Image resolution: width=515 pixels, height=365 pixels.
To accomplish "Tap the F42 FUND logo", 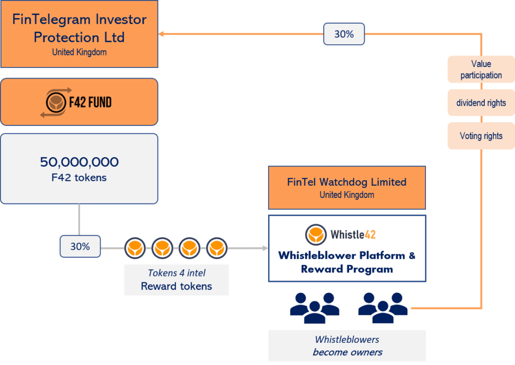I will tap(76, 102).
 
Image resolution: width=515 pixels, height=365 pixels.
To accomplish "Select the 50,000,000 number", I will tap(79, 162).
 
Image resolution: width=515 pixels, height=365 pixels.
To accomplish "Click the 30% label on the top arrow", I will tap(344, 34).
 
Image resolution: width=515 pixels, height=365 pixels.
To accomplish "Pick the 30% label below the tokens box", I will tap(79, 247).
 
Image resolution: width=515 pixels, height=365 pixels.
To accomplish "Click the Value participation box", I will tap(481, 69).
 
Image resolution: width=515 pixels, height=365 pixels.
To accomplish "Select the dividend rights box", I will tap(481, 103).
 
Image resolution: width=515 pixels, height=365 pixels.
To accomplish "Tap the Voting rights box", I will tap(481, 136).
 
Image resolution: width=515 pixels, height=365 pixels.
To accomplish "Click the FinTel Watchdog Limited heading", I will tap(347, 182).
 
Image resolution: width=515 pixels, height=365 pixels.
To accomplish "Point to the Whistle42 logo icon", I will tap(315, 234).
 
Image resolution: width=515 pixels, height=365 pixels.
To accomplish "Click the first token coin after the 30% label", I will tap(135, 248).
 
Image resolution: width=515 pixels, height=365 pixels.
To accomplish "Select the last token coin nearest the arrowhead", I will tap(216, 248).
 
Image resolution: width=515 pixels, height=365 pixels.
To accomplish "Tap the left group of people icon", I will tap(314, 307).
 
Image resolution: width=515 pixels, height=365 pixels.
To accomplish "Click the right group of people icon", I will tap(383, 307).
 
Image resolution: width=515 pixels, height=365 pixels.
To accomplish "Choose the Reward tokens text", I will tap(176, 286).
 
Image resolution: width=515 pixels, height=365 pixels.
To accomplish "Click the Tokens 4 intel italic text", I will tap(176, 273).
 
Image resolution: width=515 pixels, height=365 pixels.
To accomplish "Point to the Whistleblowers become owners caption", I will tap(347, 345).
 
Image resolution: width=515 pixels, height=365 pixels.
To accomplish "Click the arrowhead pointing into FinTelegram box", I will tap(161, 34).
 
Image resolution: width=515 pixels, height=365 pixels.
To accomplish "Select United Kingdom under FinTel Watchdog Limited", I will tap(347, 195).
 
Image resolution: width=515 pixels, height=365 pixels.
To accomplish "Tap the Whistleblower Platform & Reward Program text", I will tap(347, 262).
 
